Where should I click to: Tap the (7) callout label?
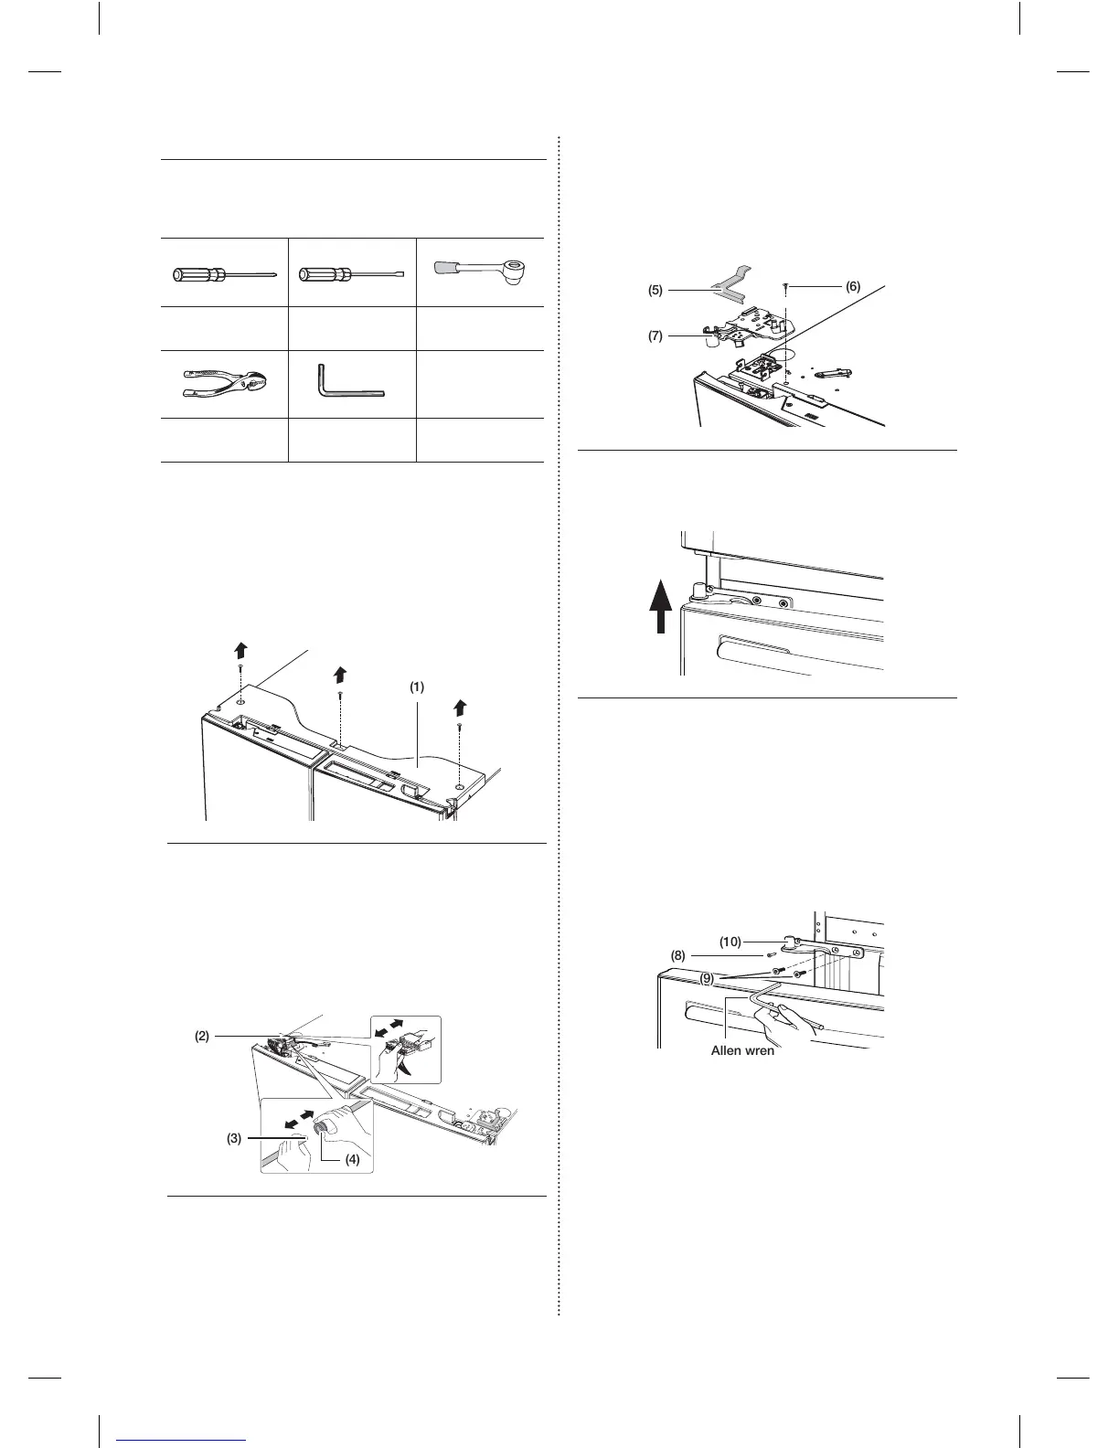coord(655,335)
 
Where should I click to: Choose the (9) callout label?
coord(709,979)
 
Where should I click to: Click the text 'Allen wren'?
coord(742,1051)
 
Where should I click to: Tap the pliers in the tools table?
coord(223,385)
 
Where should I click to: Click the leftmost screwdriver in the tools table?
coord(223,273)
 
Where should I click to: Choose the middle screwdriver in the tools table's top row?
coord(351,273)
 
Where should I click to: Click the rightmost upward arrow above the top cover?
coord(461,708)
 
